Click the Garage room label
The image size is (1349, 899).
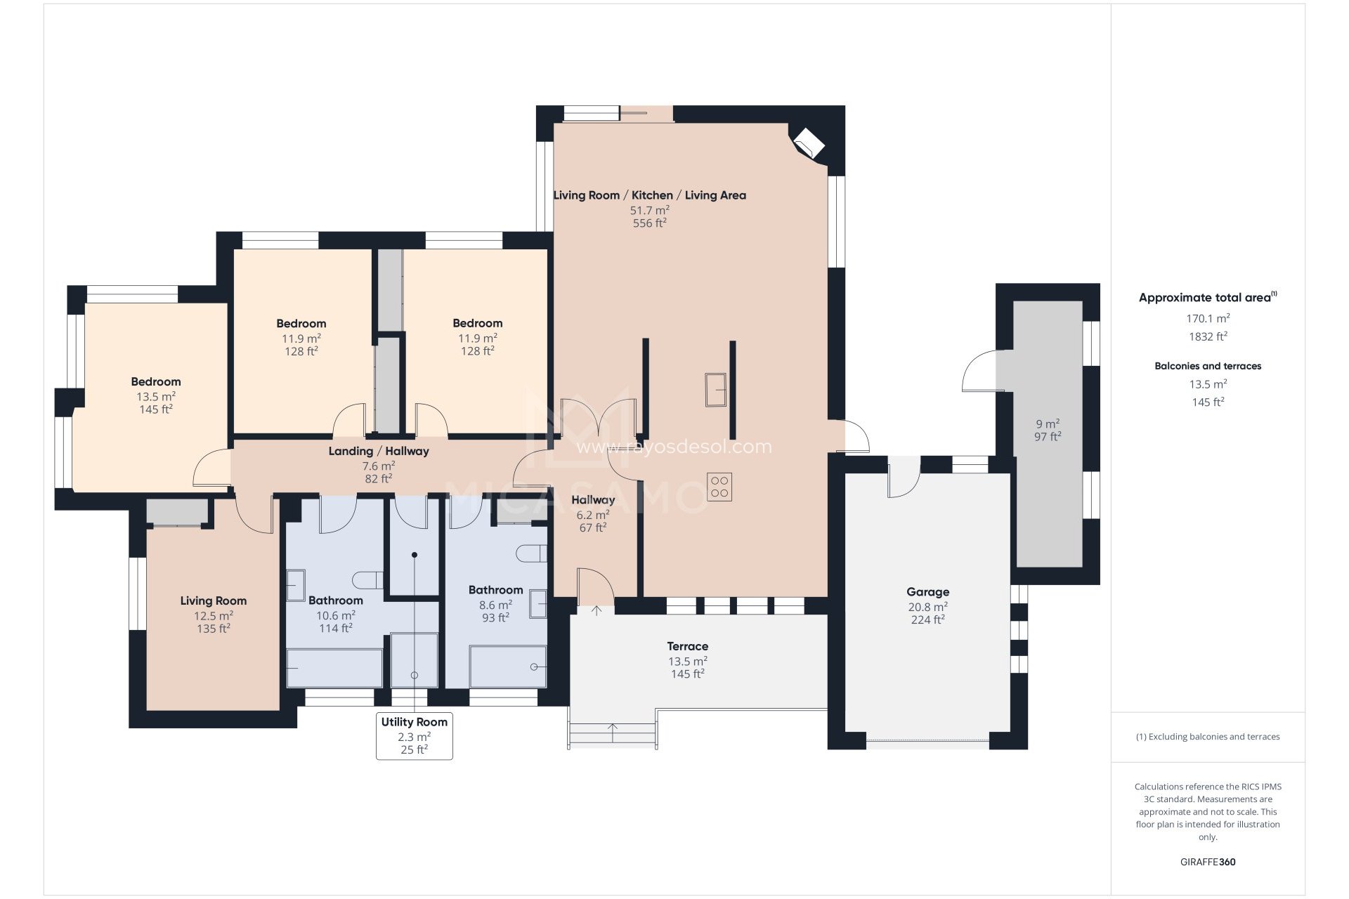pos(927,592)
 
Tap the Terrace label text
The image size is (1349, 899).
pos(687,646)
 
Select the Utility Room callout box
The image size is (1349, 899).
pos(414,735)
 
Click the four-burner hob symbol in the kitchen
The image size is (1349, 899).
pos(719,487)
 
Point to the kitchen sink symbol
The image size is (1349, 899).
pos(716,389)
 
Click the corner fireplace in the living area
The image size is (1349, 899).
pos(808,143)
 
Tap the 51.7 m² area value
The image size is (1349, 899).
pos(649,210)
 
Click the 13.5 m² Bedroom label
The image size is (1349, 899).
pos(156,382)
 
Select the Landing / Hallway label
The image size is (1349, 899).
pos(378,451)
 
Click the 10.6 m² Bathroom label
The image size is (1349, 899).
pos(335,601)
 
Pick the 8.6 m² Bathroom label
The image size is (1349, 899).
pos(495,590)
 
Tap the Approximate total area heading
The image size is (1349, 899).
pos(1206,298)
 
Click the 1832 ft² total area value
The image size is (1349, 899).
pos(1207,336)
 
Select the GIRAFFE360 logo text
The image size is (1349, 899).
pos(1207,862)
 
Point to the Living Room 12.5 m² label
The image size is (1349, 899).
pos(213,601)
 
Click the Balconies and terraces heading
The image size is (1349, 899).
pos(1207,366)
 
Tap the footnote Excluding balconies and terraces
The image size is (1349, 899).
pos(1207,737)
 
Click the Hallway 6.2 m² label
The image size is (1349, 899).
pos(592,500)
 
